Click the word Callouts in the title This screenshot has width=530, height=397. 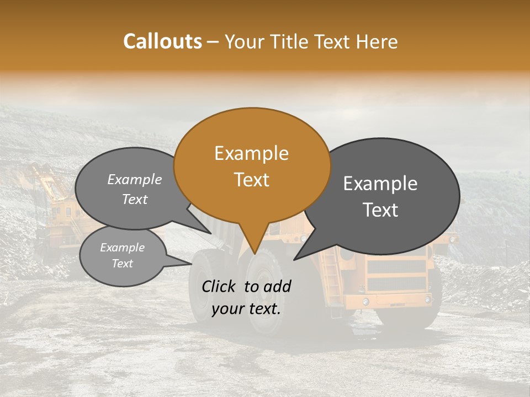162,41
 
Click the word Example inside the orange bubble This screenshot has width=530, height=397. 251,153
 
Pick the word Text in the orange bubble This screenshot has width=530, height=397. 251,180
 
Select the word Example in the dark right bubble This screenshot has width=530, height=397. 380,184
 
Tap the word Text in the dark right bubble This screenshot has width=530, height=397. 380,210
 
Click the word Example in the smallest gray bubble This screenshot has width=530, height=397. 122,248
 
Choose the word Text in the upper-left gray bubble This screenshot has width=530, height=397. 135,200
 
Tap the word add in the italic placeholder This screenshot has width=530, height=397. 278,286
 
